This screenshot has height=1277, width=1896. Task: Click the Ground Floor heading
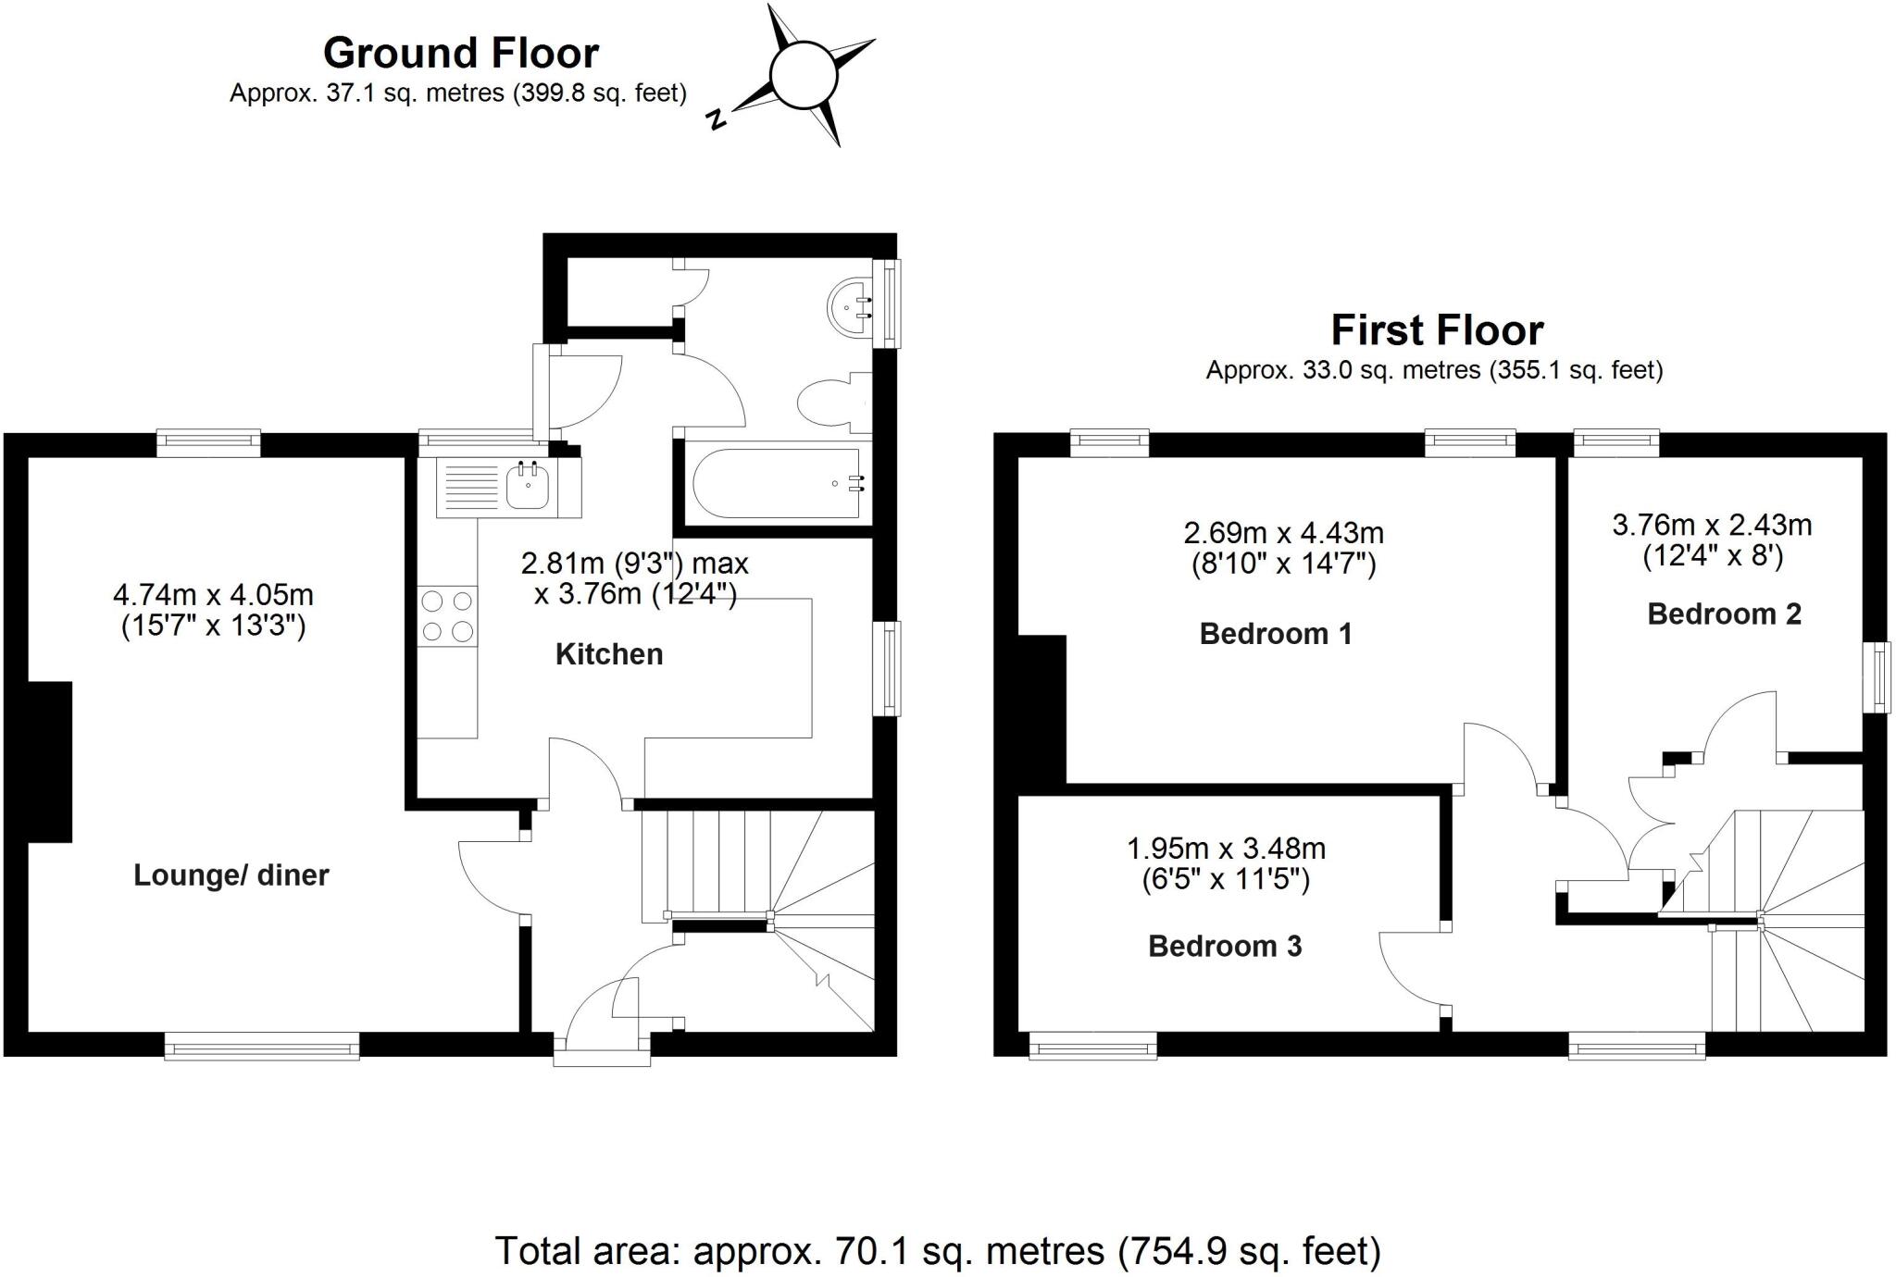(460, 53)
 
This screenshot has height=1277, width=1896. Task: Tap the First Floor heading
(1437, 330)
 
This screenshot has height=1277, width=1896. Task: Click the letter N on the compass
(716, 119)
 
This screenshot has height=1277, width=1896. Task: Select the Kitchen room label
(609, 654)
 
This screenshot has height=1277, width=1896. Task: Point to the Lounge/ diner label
(231, 875)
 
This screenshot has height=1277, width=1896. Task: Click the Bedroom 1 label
(1276, 634)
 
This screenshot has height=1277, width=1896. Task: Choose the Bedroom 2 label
(1724, 614)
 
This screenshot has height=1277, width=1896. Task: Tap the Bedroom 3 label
(1225, 946)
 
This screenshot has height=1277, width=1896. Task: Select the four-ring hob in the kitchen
(447, 616)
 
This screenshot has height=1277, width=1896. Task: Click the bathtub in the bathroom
(779, 483)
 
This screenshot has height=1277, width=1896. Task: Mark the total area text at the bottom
(938, 1250)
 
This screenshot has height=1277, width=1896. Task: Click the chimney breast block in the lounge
(50, 762)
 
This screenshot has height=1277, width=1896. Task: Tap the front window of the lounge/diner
(262, 1048)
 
